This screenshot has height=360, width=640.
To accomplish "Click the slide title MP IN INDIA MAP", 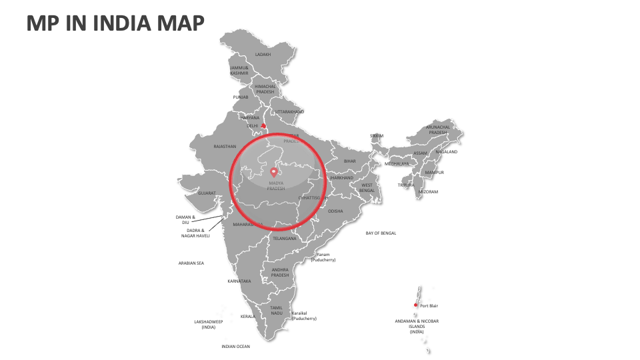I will [x=115, y=23].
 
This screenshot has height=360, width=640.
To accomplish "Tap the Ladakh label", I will [x=263, y=55].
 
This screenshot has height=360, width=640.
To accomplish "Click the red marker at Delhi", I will [x=263, y=125].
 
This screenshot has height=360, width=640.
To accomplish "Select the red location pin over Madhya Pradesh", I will [x=272, y=173].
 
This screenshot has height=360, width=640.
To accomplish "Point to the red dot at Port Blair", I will [x=415, y=305].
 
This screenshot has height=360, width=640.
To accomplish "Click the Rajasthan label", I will [x=225, y=146].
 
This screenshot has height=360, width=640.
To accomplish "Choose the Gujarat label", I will [x=207, y=193].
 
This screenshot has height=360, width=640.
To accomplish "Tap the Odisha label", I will [x=335, y=211].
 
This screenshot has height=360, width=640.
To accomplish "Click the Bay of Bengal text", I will [x=381, y=233].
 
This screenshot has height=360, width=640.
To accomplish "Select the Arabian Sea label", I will [x=191, y=263].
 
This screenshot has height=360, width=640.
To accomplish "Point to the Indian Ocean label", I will [x=235, y=346].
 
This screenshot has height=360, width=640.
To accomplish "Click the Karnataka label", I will [x=239, y=281].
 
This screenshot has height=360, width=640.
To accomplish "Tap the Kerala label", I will [x=247, y=316].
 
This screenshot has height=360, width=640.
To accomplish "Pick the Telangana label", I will [x=284, y=238].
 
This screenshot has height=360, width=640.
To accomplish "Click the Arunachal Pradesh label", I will [x=438, y=129].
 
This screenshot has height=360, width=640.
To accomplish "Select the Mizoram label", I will [x=428, y=191].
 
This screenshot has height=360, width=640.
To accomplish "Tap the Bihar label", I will [x=350, y=161].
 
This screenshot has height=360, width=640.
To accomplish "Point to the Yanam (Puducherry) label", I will [x=323, y=257].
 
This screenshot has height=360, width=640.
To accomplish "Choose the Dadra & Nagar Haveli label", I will [x=194, y=233].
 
